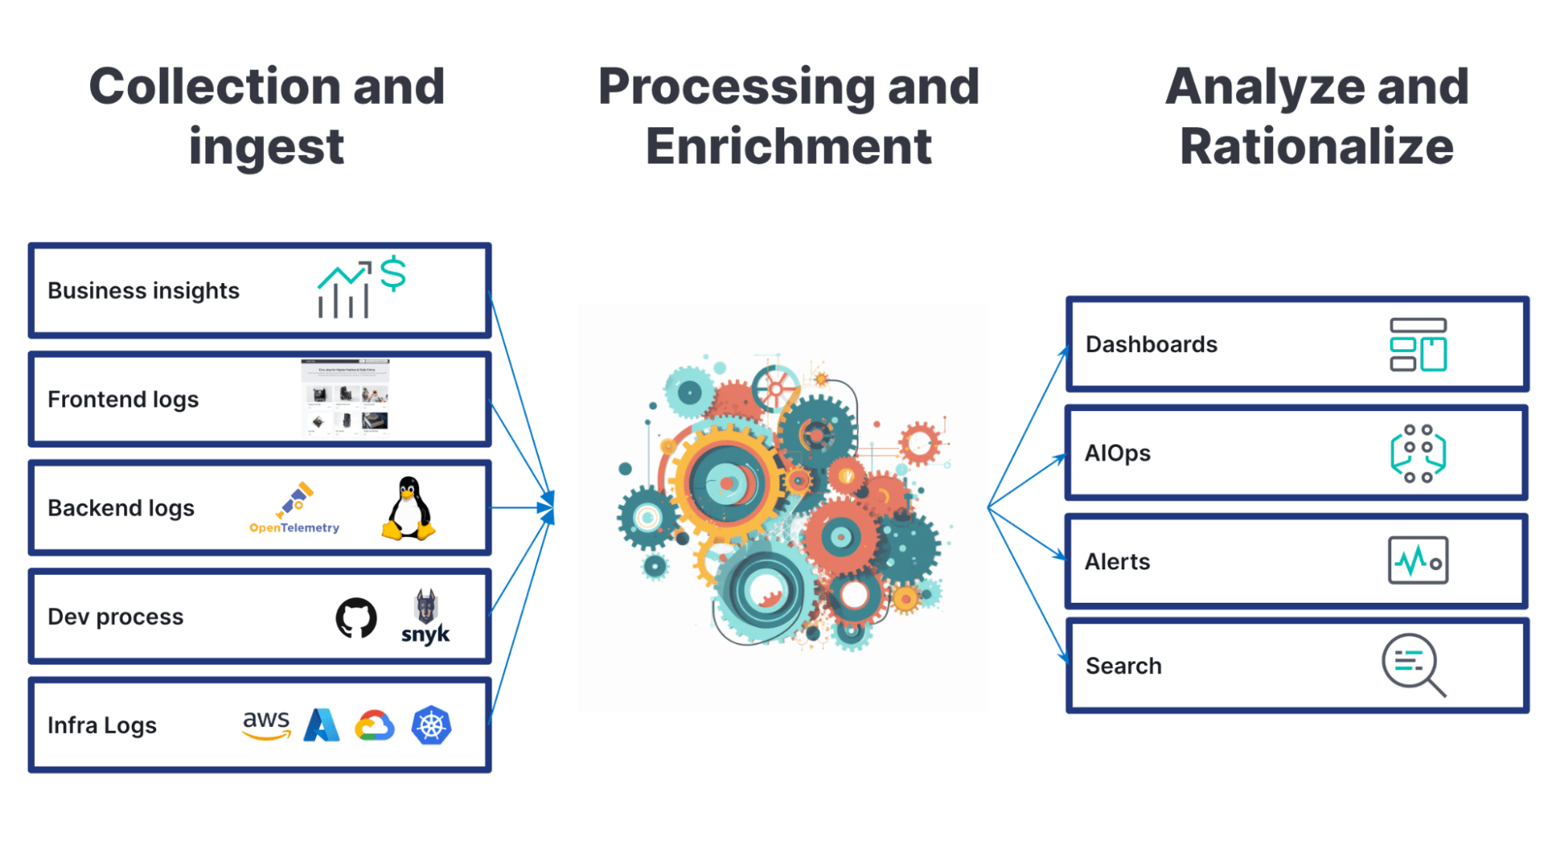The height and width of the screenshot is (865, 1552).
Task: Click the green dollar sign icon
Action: click(x=393, y=273)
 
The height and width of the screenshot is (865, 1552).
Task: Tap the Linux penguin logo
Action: click(x=408, y=509)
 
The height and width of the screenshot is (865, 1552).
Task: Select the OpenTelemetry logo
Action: click(x=294, y=509)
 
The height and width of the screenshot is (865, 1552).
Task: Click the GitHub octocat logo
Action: click(x=356, y=618)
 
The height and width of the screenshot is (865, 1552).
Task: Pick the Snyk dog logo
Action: click(x=425, y=618)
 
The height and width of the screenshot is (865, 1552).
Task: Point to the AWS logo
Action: click(x=266, y=725)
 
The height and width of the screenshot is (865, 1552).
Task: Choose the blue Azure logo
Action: click(x=321, y=725)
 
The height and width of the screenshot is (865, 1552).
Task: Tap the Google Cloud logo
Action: click(x=375, y=726)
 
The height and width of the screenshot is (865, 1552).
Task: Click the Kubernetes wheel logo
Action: click(x=432, y=725)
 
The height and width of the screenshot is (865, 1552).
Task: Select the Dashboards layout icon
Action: click(x=1418, y=344)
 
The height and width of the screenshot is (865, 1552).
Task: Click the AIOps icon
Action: click(x=1418, y=453)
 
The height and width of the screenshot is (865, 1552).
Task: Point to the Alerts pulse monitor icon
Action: click(x=1418, y=560)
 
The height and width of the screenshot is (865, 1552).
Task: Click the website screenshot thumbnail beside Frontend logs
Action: click(x=345, y=397)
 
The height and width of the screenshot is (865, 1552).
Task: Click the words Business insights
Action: click(x=144, y=291)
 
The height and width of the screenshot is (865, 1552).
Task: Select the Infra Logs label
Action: click(x=102, y=725)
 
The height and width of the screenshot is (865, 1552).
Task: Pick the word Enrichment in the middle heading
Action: click(x=788, y=147)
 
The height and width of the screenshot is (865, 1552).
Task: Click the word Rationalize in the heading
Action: click(x=1316, y=147)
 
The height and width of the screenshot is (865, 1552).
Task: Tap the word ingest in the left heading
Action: click(x=266, y=147)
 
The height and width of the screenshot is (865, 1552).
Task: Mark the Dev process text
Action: click(x=116, y=617)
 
